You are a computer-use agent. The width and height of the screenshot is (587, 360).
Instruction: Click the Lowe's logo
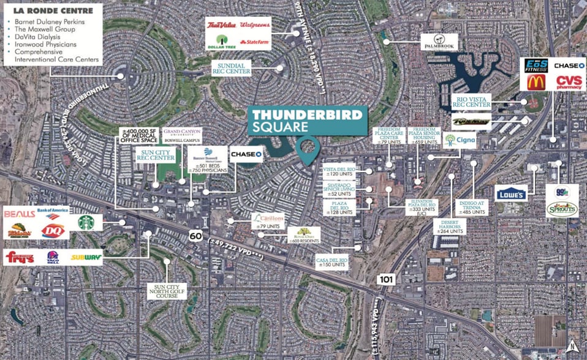click(511, 193)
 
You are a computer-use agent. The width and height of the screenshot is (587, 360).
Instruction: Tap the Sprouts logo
click(561, 209)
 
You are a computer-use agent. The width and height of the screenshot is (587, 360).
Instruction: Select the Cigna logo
click(460, 141)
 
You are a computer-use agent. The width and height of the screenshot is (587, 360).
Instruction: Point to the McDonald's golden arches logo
click(536, 82)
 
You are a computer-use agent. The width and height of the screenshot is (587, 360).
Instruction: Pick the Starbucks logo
click(86, 222)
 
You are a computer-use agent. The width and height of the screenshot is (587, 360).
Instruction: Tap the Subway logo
click(86, 258)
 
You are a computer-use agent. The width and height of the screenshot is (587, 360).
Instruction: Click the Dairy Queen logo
click(53, 230)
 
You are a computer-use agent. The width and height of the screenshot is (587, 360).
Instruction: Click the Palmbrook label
click(439, 42)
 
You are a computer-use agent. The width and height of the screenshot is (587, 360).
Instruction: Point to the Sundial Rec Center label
click(232, 67)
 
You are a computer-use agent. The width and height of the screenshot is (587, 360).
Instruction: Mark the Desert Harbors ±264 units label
click(449, 226)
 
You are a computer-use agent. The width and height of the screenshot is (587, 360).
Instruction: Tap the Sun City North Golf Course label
click(166, 291)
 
